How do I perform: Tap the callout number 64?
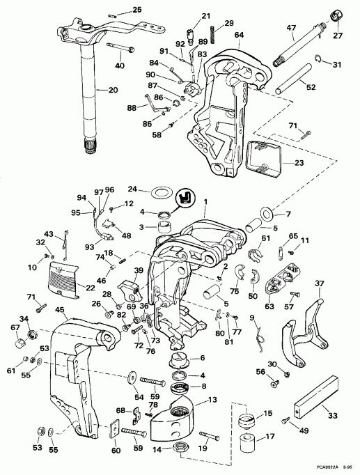239,34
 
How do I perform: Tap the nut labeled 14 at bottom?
182,446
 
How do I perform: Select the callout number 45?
60,310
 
